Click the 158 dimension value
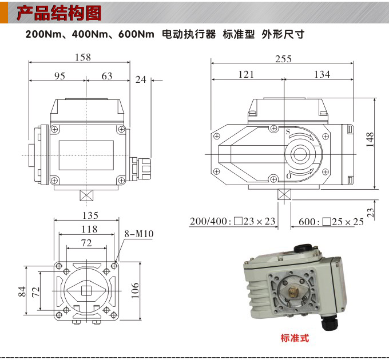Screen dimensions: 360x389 click(83, 57)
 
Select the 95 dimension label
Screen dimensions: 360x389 click(59, 76)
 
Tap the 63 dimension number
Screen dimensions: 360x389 click(106, 76)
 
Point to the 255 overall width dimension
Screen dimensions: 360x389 click(283, 59)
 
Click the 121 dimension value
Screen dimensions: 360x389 click(246, 74)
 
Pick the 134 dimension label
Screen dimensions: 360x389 click(322, 74)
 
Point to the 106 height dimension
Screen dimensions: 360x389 click(151, 290)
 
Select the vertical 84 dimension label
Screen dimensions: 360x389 click(22, 290)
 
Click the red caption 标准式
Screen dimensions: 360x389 click(295, 338)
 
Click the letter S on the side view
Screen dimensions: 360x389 click(288, 131)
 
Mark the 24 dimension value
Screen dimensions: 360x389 click(141, 80)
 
